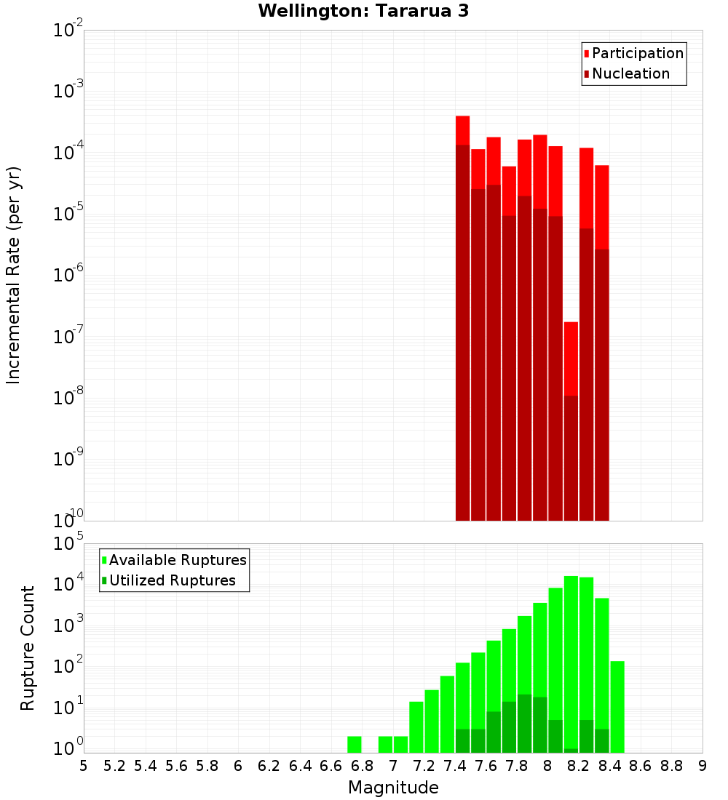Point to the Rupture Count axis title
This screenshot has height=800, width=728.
(28, 648)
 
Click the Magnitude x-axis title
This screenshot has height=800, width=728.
(393, 787)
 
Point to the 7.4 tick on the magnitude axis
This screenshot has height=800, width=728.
(455, 766)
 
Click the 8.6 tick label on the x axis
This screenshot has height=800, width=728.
(641, 766)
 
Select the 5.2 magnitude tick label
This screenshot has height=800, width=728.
(115, 766)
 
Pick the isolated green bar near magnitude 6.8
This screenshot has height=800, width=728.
(355, 744)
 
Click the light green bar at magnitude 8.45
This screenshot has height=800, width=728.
(617, 705)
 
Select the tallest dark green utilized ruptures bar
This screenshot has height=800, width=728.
(525, 724)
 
